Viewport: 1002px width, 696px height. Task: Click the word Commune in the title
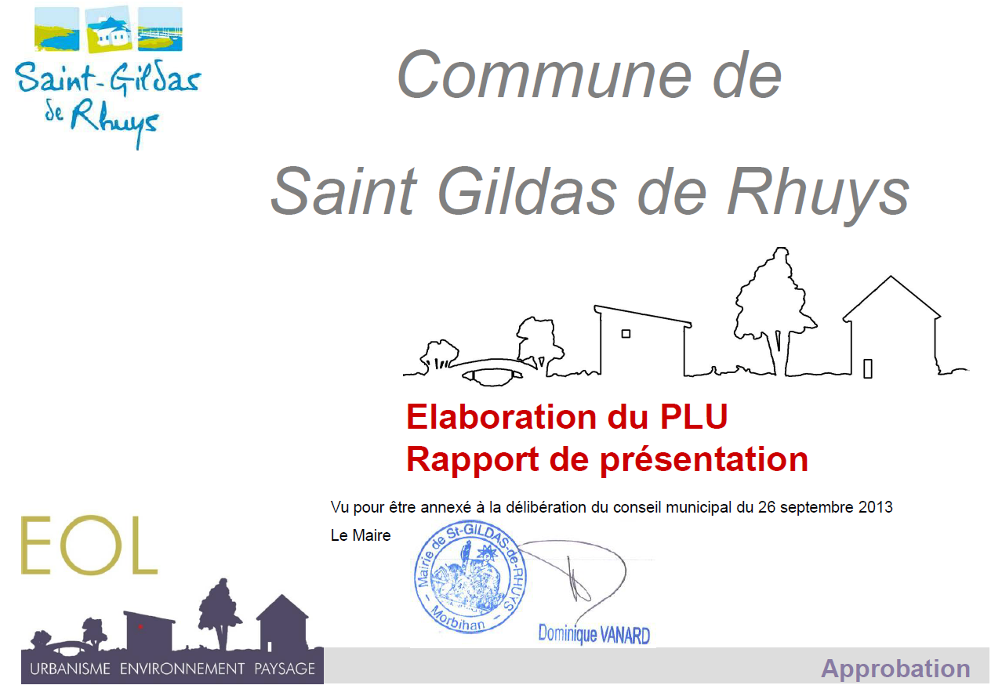pyautogui.click(x=544, y=74)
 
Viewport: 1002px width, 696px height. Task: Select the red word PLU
pyautogui.click(x=694, y=417)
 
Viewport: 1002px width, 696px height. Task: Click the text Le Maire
pyautogui.click(x=361, y=535)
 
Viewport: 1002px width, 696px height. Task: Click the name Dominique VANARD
pyautogui.click(x=594, y=635)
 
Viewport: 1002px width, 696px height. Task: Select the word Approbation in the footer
pyautogui.click(x=895, y=669)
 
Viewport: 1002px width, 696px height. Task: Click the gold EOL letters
pyautogui.click(x=89, y=546)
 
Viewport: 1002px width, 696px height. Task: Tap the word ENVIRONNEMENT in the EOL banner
pyautogui.click(x=182, y=669)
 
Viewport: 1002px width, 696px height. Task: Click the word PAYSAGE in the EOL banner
pyautogui.click(x=285, y=669)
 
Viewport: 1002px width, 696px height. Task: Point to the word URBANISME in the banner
pyautogui.click(x=70, y=669)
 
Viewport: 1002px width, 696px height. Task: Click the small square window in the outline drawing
pyautogui.click(x=626, y=334)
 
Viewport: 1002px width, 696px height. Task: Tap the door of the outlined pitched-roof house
pyautogui.click(x=868, y=369)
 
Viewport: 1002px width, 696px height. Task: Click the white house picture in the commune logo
pyautogui.click(x=109, y=29)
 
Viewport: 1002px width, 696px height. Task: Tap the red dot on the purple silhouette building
pyautogui.click(x=140, y=627)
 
